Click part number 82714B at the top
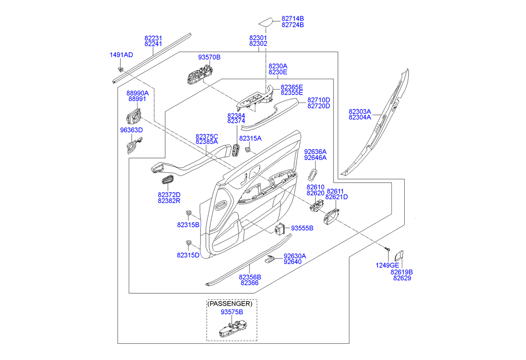coord(292,18)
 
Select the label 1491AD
coord(121,54)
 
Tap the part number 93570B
coord(209,57)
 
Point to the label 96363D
coord(131,130)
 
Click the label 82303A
coord(360,111)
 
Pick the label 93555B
coord(302,228)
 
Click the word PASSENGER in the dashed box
coord(232,303)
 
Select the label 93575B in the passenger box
coord(232,312)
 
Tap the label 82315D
coord(188,255)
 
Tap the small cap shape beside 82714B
coord(266,21)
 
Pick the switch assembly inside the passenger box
coord(231,330)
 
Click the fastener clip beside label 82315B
coord(189,213)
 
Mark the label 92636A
coord(315,152)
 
